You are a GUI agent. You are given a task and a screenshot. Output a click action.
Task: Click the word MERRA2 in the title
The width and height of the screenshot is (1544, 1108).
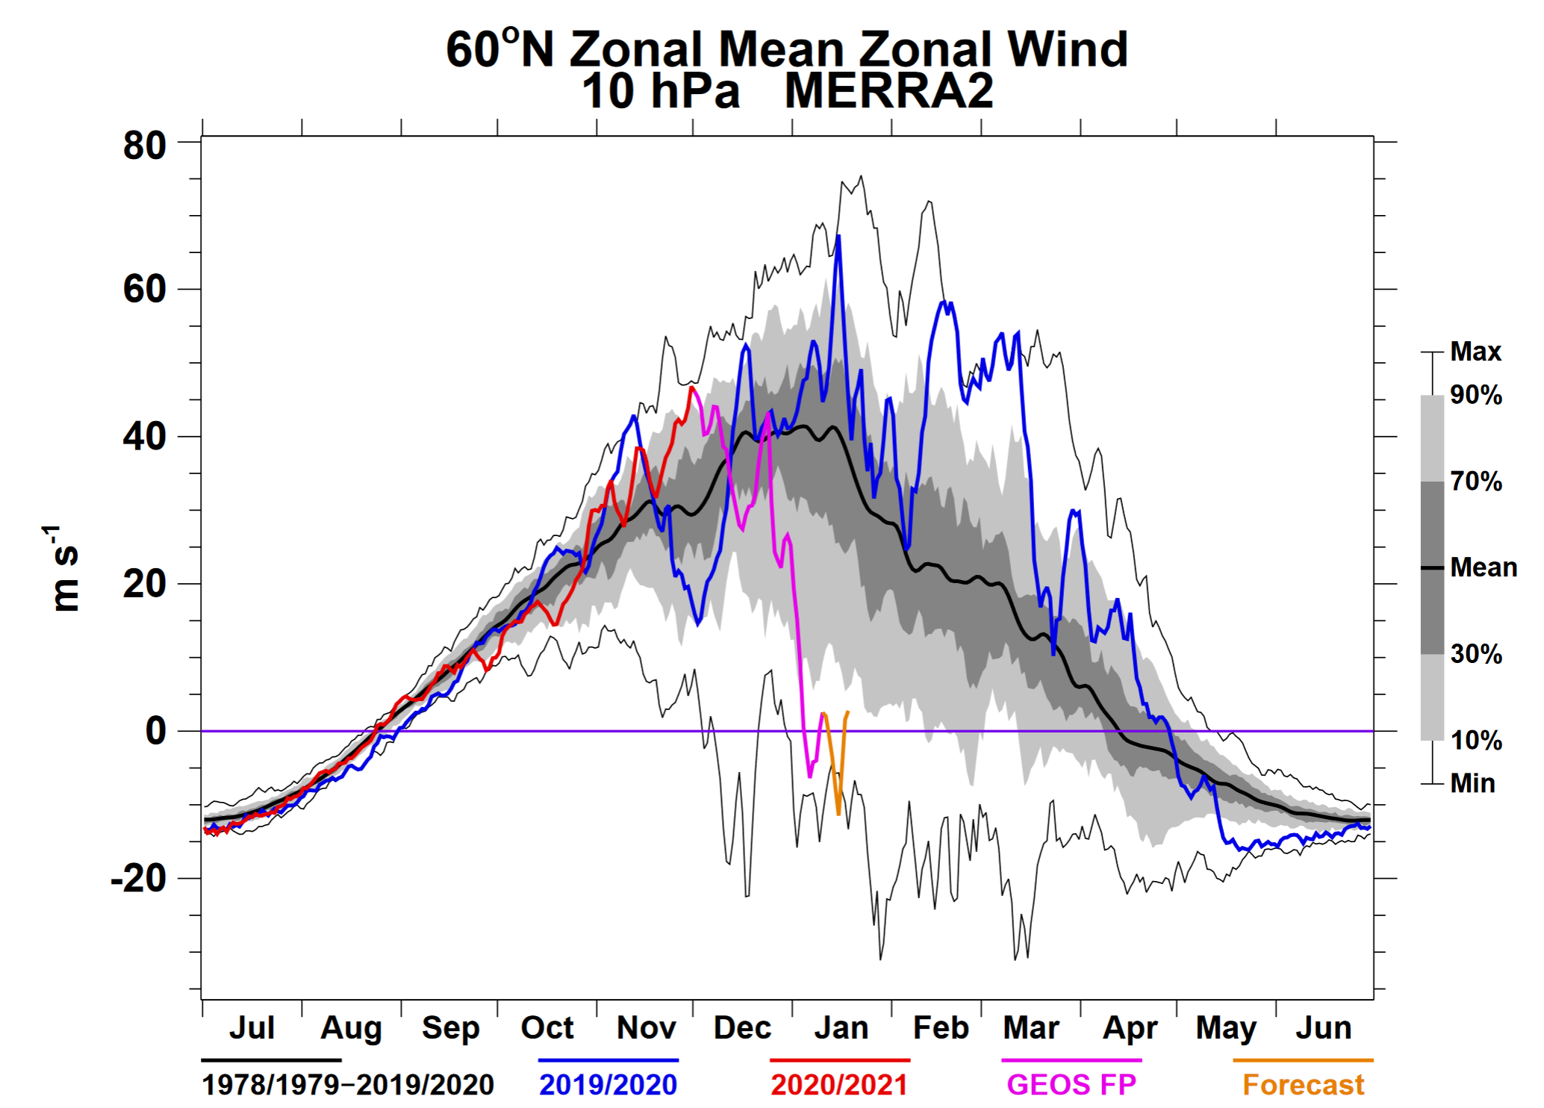(888, 91)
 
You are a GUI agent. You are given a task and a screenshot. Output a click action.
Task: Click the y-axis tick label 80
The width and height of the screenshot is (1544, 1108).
(145, 146)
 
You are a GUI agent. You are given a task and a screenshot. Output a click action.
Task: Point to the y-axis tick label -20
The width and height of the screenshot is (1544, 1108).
(139, 879)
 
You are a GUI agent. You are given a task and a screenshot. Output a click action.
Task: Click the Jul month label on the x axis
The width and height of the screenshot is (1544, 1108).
(252, 1028)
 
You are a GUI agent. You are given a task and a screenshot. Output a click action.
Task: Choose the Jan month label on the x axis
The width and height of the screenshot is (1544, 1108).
(841, 1028)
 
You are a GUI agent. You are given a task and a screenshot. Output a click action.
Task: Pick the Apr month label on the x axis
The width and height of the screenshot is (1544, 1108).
(1130, 1028)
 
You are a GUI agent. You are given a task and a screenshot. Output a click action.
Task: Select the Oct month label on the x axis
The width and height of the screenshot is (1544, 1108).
(547, 1028)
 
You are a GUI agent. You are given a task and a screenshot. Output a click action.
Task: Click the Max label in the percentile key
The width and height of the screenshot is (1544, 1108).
(1475, 352)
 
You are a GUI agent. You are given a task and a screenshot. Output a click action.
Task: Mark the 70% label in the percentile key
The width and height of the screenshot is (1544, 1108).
(1476, 482)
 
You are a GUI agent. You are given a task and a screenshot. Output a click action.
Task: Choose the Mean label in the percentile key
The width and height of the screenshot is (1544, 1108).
(1484, 567)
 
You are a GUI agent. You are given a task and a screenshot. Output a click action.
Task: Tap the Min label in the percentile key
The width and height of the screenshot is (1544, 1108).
(1473, 783)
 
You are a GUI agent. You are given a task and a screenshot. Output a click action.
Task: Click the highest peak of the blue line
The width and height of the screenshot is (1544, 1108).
(838, 236)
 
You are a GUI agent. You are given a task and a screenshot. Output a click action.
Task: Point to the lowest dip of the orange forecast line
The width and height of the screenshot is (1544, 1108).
(838, 814)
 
